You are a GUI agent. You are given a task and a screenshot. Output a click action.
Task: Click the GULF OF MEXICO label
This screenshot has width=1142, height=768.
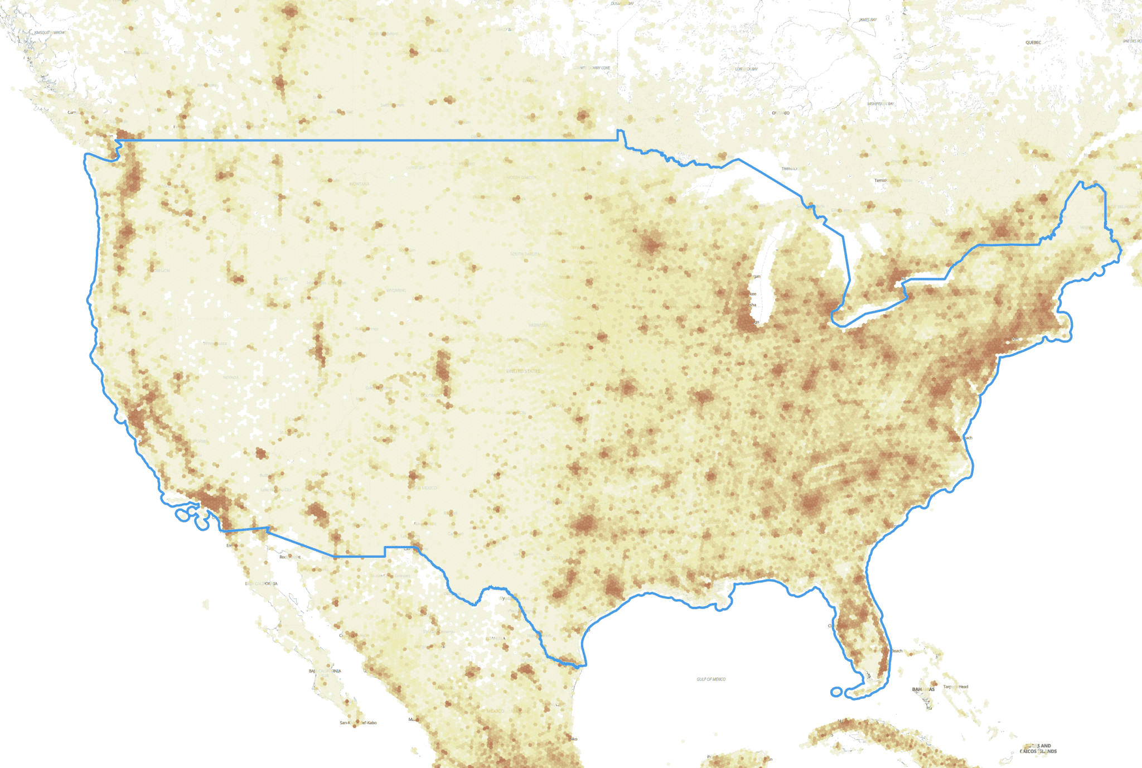(711, 679)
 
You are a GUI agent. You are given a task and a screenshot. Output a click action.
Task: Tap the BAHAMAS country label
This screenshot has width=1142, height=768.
(923, 689)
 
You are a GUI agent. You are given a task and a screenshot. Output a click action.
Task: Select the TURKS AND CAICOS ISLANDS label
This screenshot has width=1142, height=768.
(1038, 748)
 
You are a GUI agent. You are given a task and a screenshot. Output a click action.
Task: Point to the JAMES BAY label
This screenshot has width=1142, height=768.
(868, 20)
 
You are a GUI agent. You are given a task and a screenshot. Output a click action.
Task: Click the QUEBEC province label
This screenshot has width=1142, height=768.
(1033, 42)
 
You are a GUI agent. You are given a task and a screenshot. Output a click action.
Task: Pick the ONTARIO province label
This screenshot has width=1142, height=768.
(781, 113)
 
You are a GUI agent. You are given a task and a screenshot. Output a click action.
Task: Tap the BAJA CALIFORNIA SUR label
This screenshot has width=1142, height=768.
(325, 671)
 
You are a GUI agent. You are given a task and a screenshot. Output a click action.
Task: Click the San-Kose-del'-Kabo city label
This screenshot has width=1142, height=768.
(358, 723)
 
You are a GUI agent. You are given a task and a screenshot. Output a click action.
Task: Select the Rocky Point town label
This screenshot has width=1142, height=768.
(290, 557)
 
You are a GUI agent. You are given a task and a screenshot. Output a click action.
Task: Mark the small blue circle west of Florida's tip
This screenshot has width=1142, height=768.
(836, 692)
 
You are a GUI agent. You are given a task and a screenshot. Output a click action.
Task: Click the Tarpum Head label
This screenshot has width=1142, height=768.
(956, 687)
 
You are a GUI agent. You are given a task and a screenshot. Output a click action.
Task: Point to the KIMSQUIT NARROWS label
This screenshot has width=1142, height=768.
(50, 32)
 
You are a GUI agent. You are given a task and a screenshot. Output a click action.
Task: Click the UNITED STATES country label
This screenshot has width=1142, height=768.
(523, 371)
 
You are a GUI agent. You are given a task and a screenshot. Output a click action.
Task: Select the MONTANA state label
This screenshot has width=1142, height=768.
(359, 184)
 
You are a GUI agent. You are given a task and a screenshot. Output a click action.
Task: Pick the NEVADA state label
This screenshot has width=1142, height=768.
(230, 378)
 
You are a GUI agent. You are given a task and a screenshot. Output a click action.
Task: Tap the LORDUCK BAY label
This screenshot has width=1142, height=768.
(746, 69)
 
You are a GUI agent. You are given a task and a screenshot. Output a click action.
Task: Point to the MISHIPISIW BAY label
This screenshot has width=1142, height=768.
(880, 104)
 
